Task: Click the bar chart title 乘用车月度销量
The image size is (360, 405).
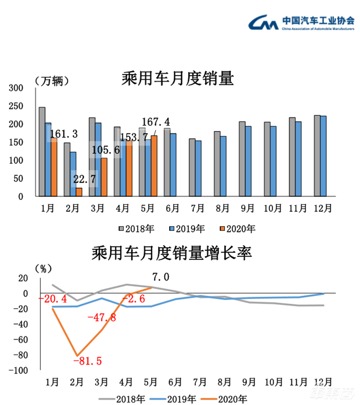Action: [178, 80]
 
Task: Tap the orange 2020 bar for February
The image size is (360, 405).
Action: [79, 192]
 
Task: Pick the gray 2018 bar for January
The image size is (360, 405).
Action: [42, 152]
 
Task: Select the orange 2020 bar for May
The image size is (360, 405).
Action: [154, 166]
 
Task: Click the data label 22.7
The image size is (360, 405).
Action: [85, 180]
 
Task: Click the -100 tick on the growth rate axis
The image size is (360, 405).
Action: [18, 370]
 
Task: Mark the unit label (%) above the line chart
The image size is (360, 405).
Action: [43, 269]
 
